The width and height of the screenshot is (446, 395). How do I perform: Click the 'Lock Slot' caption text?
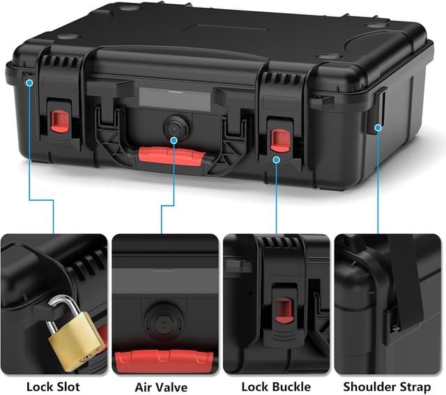click(53, 386)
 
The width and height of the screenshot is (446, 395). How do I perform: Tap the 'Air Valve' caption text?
click(162, 386)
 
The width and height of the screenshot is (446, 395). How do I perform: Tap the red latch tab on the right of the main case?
click(279, 139)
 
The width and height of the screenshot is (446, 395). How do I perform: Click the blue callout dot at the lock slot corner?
click(30, 82)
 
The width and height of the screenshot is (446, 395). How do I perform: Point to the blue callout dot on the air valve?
click(173, 140)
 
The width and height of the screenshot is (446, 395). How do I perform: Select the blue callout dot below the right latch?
click(277, 160)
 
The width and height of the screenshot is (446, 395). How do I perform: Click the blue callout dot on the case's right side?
click(378, 127)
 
